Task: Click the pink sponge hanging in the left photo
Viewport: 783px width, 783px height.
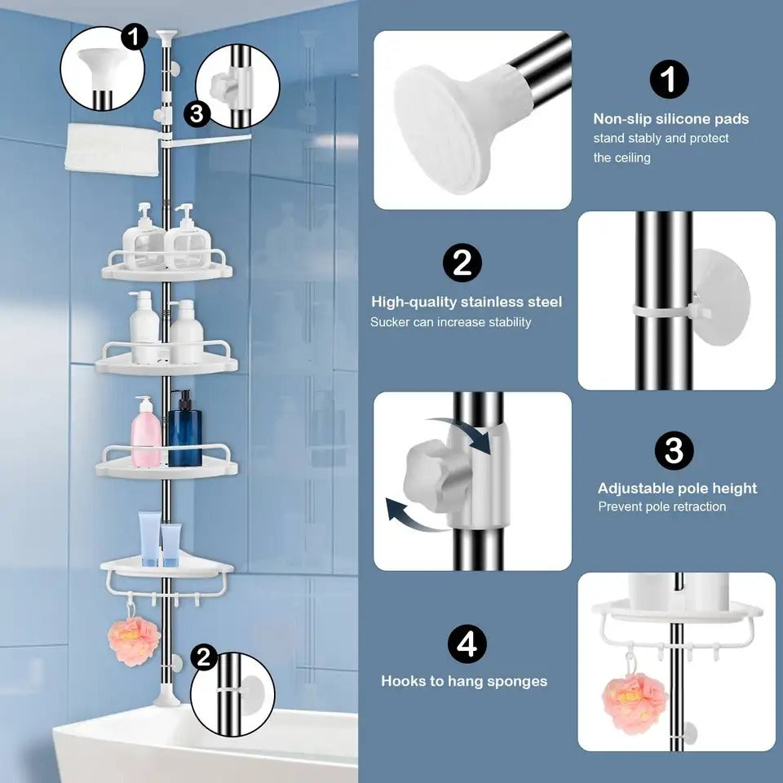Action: pyautogui.click(x=133, y=641)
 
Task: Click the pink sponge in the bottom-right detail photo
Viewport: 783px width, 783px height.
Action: pyautogui.click(x=635, y=701)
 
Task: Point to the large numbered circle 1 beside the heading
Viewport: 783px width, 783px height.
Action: pyautogui.click(x=669, y=80)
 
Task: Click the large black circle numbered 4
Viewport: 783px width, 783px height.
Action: pyautogui.click(x=467, y=644)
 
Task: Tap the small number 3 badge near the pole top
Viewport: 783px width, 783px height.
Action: pyautogui.click(x=196, y=114)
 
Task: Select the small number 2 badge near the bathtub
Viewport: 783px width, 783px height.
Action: pyautogui.click(x=205, y=657)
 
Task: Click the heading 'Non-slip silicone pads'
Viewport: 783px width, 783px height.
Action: pyautogui.click(x=670, y=119)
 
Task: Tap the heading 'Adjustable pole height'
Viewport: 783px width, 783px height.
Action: pyautogui.click(x=677, y=489)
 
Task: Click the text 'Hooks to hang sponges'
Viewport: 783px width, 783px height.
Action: pyautogui.click(x=464, y=680)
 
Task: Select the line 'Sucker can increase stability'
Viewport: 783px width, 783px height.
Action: pyautogui.click(x=450, y=322)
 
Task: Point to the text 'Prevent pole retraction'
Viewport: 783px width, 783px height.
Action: pyautogui.click(x=661, y=507)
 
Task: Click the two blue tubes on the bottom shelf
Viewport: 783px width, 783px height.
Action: pyautogui.click(x=160, y=540)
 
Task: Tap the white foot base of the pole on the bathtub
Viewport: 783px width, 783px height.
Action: pyautogui.click(x=167, y=700)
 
